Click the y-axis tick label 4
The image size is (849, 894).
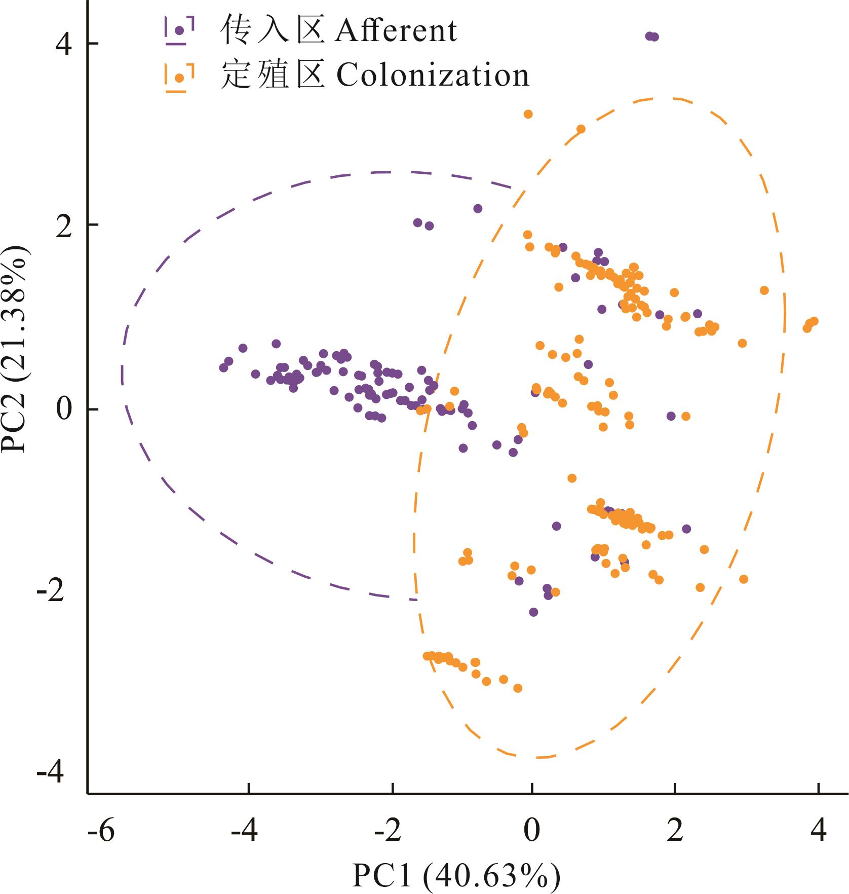(64, 44)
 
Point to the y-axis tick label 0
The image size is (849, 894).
(64, 409)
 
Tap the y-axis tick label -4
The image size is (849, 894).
(51, 773)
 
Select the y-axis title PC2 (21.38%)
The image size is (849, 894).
(14, 349)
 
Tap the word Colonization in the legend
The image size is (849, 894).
(433, 76)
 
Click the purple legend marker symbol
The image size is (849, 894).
(179, 30)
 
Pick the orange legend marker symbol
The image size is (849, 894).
(179, 78)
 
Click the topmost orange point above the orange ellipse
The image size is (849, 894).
(528, 114)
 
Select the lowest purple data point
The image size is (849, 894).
(533, 612)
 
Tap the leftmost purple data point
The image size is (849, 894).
(223, 367)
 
